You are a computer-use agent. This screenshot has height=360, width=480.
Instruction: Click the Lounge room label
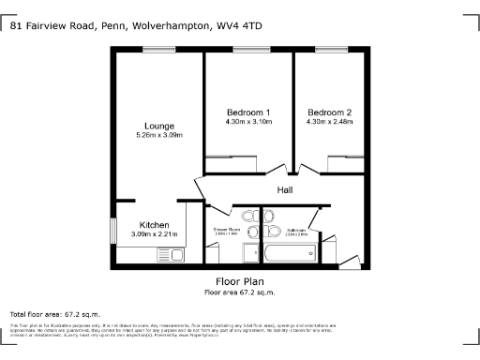pos(157,126)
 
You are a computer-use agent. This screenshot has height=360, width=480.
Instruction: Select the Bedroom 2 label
pos(328,112)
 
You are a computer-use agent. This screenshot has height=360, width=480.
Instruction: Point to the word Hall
pos(285,190)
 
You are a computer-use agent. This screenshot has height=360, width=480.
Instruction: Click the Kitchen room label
pos(154,225)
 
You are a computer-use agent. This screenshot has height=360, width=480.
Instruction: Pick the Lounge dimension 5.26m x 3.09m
pos(157,136)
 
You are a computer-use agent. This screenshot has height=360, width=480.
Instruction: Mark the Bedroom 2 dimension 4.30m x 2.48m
pos(328,121)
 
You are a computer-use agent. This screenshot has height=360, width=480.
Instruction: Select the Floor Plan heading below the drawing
pos(239,281)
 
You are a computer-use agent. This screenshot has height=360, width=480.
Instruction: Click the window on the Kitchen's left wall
pos(112,231)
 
